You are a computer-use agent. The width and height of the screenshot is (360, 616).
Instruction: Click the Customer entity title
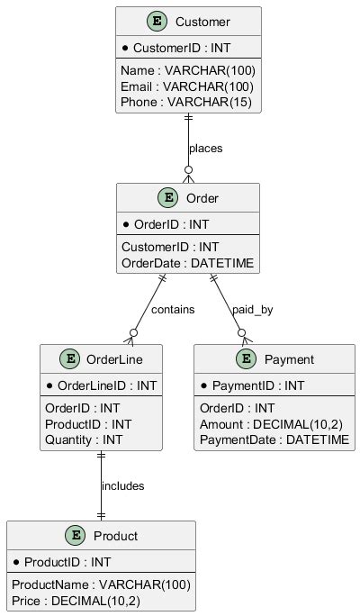(x=204, y=22)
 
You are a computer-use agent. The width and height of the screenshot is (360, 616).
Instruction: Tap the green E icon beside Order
(x=166, y=197)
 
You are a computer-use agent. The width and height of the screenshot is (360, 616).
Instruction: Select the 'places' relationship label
(x=205, y=147)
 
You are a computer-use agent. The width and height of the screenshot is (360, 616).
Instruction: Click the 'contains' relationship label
(x=173, y=309)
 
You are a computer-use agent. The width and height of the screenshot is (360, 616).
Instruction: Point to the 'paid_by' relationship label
(x=252, y=309)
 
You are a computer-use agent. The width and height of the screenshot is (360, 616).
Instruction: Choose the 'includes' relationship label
(x=122, y=485)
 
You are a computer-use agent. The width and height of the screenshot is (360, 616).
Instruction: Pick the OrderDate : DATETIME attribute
(x=187, y=263)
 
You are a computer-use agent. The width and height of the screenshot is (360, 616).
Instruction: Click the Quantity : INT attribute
(x=84, y=439)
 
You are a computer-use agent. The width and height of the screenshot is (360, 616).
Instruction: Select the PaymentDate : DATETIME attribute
(x=274, y=439)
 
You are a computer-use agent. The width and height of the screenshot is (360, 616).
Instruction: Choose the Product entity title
(x=115, y=537)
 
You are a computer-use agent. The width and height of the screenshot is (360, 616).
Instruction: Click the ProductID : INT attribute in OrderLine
(x=88, y=424)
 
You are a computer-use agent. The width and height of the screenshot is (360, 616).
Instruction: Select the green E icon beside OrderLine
(x=69, y=360)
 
